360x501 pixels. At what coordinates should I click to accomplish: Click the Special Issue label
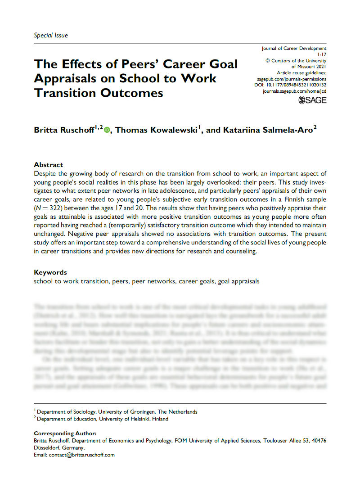coord(51,35)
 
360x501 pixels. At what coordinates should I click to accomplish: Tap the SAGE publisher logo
coord(312,100)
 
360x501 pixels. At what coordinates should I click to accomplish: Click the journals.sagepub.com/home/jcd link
coord(294,91)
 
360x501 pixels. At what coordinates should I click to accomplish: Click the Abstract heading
coord(49,165)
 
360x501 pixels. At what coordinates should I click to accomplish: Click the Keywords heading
coord(50,272)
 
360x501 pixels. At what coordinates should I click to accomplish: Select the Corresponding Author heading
coord(65,433)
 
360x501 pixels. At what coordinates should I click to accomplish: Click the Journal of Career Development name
coord(294,48)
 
